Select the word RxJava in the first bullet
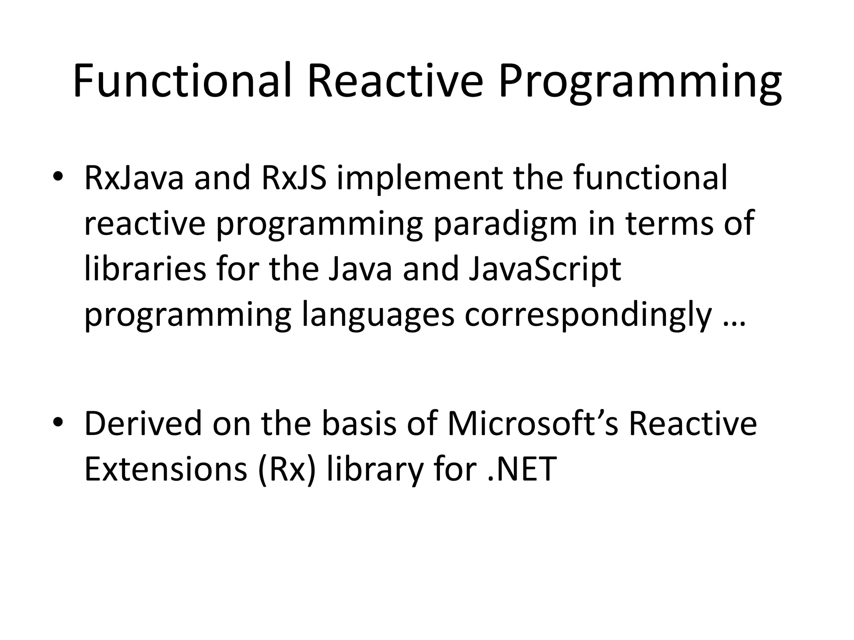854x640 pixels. [x=133, y=178]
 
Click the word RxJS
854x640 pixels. [x=294, y=178]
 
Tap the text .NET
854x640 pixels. [x=521, y=469]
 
